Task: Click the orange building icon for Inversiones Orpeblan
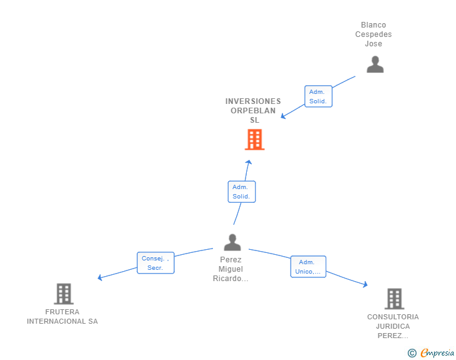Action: click(254, 140)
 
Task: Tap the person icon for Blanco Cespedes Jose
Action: click(375, 64)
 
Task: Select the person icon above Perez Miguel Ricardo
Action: click(232, 242)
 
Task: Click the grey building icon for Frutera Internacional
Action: click(64, 294)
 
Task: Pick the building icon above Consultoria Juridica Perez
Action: click(395, 299)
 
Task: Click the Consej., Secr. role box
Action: click(155, 263)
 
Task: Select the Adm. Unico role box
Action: click(308, 267)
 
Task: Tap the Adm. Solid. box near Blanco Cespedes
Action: click(318, 96)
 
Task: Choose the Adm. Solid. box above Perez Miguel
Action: click(242, 192)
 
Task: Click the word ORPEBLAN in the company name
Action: click(253, 111)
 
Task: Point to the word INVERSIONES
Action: click(253, 101)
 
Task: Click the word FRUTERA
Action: click(62, 312)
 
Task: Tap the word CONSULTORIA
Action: click(393, 317)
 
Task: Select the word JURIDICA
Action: click(393, 326)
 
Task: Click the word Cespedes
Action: click(373, 34)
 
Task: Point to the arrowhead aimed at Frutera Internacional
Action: click(100, 278)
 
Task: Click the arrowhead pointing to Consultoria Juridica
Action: click(366, 284)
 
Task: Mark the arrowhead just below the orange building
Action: click(249, 162)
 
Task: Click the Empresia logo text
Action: click(437, 353)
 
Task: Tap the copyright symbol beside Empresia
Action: click(412, 353)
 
